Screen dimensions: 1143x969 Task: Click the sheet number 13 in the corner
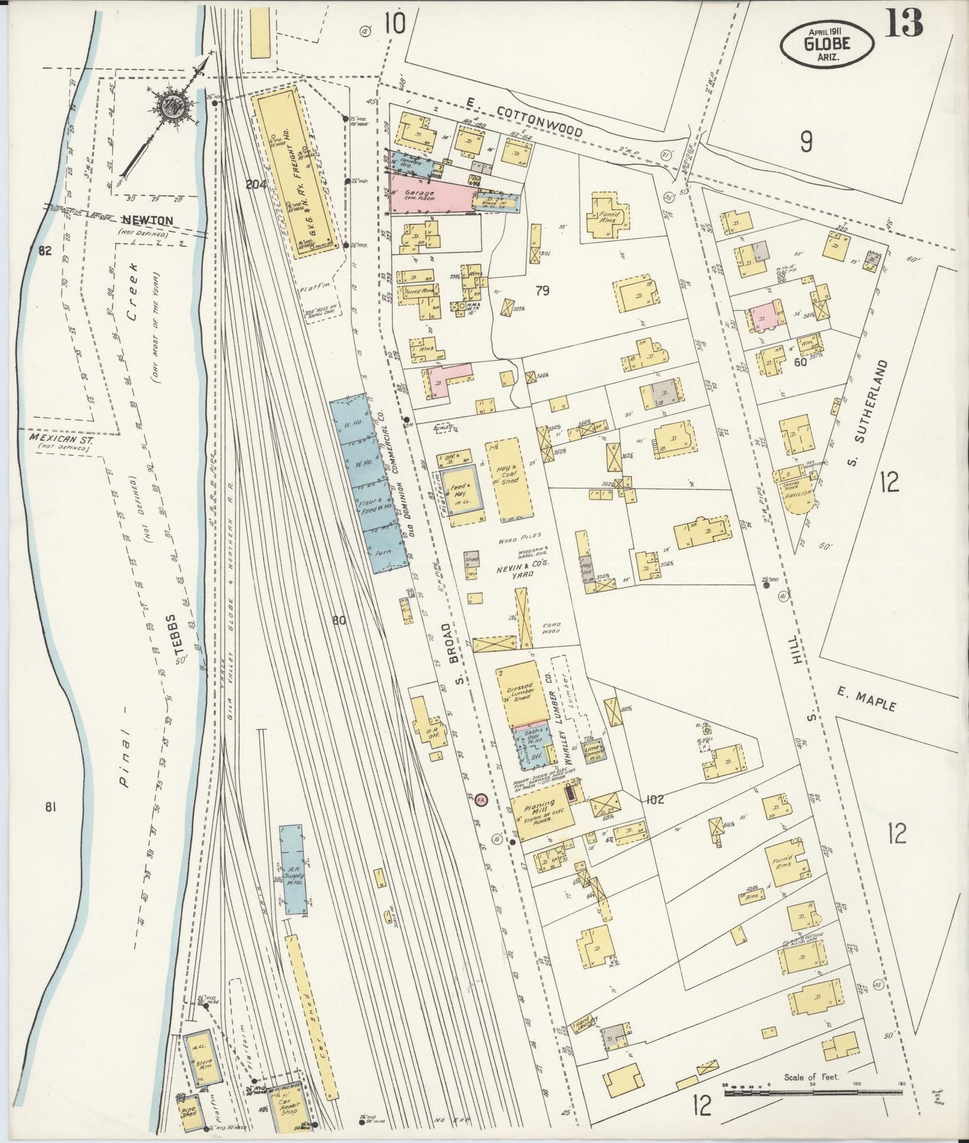(903, 22)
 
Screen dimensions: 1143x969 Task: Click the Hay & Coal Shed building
(513, 478)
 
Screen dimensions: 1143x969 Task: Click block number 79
(543, 290)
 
